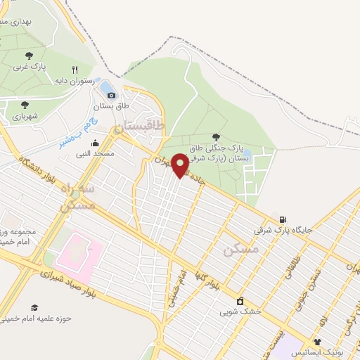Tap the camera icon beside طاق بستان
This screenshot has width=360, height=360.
(111, 94)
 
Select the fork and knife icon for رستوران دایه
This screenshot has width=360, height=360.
(84, 70)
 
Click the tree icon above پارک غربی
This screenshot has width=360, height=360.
(29, 55)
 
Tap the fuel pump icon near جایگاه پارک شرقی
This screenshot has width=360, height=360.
(283, 219)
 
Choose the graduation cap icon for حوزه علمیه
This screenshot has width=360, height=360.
(34, 307)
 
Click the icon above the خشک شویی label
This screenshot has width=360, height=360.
(240, 300)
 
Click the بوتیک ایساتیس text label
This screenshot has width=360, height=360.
(320, 352)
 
